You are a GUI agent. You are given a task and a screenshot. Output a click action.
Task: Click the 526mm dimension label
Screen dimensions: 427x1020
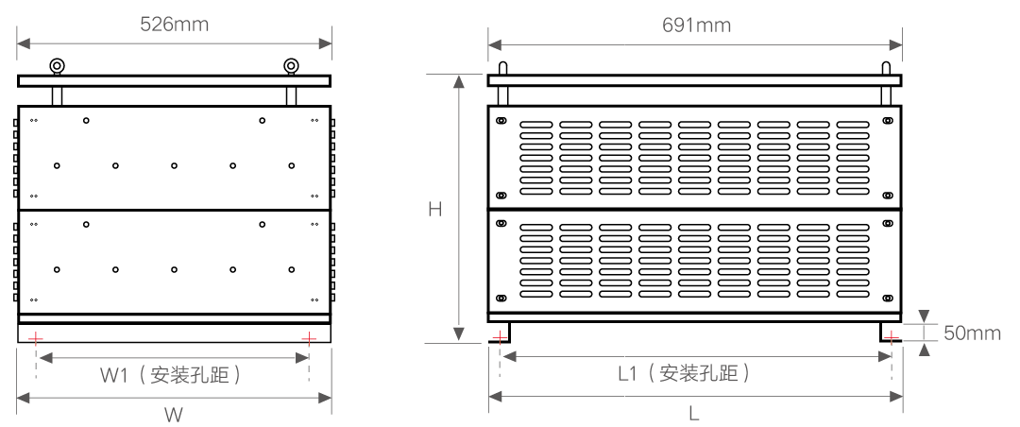pos(175,25)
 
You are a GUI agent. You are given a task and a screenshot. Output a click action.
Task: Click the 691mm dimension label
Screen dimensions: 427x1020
pos(696,25)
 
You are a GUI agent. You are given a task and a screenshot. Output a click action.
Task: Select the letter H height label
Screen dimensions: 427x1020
pos(435,209)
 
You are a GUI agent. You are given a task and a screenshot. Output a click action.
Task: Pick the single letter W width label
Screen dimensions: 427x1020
pos(174,414)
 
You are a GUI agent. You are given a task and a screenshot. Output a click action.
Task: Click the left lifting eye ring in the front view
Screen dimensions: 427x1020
pos(58,65)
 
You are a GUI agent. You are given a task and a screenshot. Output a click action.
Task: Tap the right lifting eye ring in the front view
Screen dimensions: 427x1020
pos(292,65)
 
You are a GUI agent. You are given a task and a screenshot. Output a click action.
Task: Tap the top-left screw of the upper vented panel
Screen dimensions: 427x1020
pos(501,121)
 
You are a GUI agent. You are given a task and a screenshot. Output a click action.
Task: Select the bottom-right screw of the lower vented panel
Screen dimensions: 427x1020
pos(886,299)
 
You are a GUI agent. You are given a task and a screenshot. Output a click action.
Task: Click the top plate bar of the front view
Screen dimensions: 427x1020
pos(175,81)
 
